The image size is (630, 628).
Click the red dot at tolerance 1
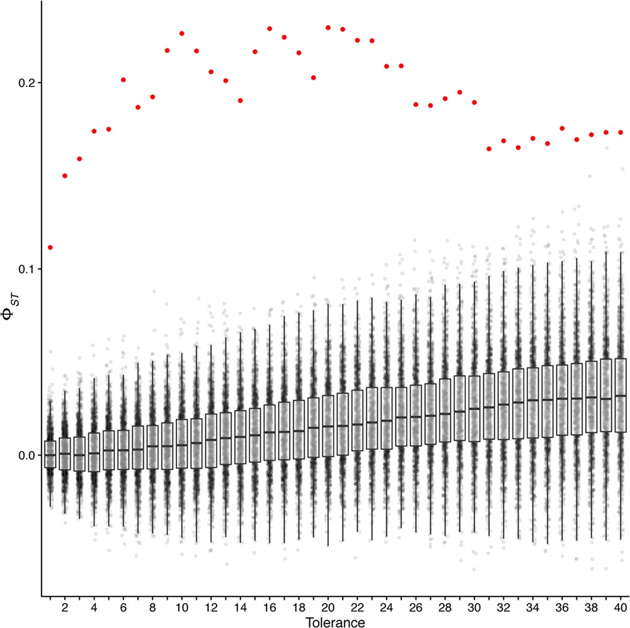coord(50,247)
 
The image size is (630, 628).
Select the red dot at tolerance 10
coord(182,34)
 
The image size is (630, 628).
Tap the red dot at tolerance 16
coord(269,29)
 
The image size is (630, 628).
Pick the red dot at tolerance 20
coord(328,28)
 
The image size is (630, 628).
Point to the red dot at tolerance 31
coord(489,149)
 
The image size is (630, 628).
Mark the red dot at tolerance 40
coord(621,132)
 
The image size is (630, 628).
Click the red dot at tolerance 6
coord(124,80)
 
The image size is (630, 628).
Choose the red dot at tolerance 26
coord(416,104)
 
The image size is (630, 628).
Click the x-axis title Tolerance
coord(335,622)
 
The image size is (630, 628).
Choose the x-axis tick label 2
coord(65,607)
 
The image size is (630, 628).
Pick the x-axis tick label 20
coord(328,607)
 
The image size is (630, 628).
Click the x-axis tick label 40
coord(621,607)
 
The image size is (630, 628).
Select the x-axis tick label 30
coord(475,607)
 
